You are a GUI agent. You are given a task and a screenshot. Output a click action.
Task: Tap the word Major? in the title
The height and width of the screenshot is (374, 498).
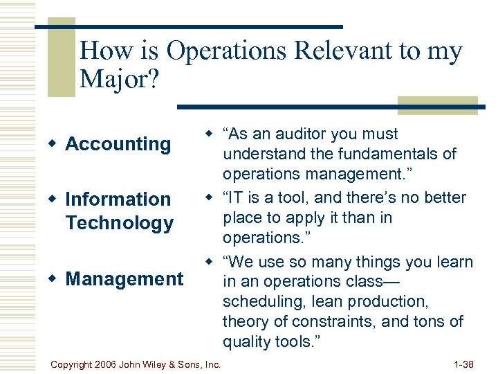119,80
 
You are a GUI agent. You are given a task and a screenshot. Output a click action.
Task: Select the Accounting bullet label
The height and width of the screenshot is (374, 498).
118,144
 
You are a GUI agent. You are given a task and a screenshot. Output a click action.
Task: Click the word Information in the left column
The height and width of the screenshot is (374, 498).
118,199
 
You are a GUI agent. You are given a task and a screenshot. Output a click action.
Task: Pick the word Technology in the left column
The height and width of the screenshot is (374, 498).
119,223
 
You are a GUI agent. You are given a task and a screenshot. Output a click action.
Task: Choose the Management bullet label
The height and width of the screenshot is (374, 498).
124,279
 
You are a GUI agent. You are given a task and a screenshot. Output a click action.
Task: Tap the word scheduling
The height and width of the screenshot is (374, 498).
261,302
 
